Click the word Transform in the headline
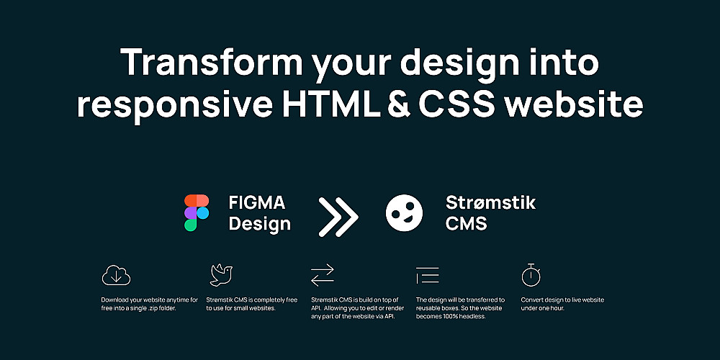[212, 61]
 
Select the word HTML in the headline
[330, 104]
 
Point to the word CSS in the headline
[457, 104]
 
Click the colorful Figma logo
[197, 212]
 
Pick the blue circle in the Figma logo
[203, 213]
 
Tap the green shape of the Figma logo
[191, 225]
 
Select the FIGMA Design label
[259, 213]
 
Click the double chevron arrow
[338, 217]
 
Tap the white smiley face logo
[404, 213]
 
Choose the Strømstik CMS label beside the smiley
[490, 212]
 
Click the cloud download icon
[116, 275]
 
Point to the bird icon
[221, 275]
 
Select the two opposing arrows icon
[323, 275]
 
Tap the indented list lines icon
[428, 275]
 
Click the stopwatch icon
[531, 275]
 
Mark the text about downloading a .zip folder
[150, 304]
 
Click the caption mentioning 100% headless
[460, 308]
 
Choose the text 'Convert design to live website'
[562, 300]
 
